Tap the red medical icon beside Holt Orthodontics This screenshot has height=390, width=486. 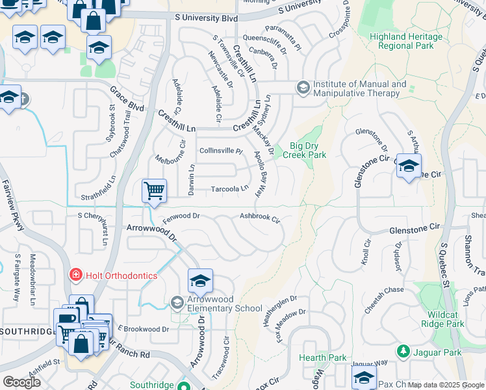coord(76,276)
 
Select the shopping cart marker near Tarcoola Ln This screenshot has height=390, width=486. coord(155,192)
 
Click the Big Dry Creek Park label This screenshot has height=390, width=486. coord(307,151)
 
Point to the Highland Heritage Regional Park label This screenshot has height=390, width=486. coord(405,42)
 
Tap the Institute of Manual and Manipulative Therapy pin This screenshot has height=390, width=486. coord(303,87)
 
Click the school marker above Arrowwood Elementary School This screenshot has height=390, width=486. coord(201,281)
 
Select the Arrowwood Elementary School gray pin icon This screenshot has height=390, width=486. coord(177,302)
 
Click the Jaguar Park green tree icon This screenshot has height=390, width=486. coord(403,352)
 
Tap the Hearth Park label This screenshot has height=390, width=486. coord(314,357)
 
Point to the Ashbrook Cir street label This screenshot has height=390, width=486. coord(260,217)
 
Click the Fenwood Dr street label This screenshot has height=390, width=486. coord(181,216)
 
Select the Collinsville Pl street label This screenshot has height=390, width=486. coord(220,150)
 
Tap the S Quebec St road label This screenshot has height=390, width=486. coord(446,263)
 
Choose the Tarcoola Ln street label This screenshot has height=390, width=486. coord(230,189)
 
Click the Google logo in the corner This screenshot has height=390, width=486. coord(21,382)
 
